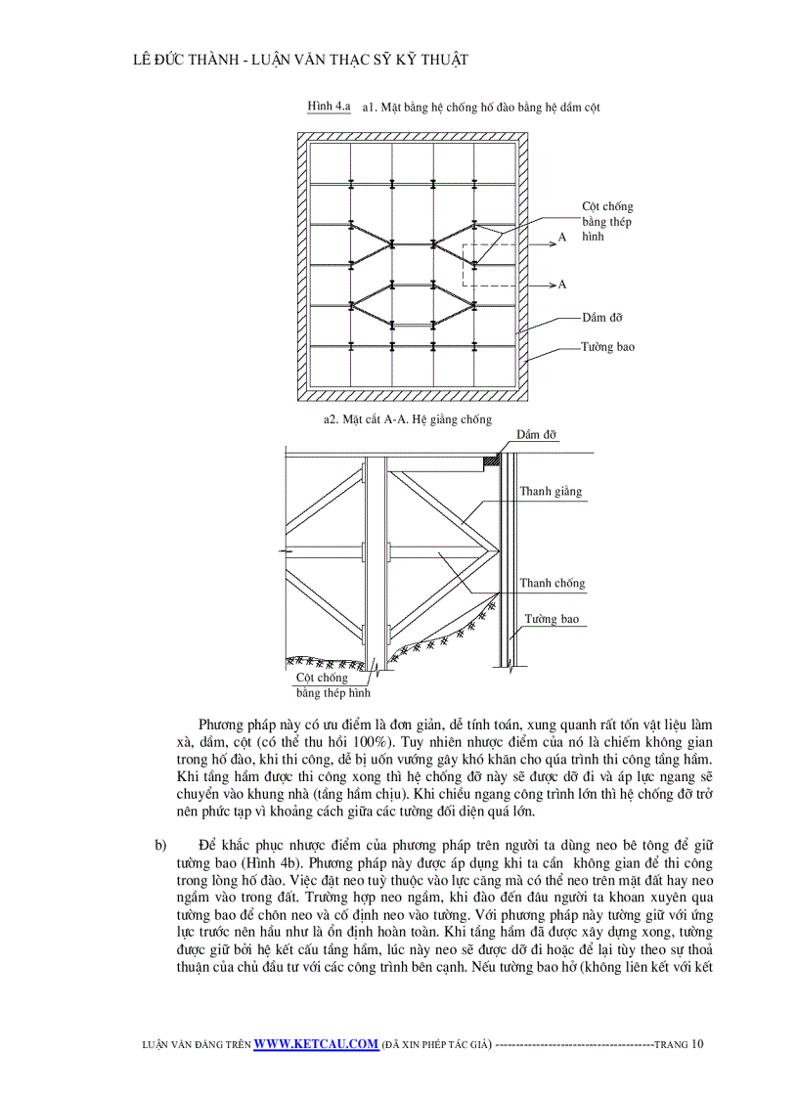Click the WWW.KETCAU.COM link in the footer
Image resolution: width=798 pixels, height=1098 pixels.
(x=316, y=1043)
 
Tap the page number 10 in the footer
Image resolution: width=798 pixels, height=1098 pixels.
(x=696, y=1043)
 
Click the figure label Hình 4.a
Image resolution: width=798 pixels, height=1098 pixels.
(x=329, y=106)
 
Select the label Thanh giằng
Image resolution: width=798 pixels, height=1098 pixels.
(x=551, y=491)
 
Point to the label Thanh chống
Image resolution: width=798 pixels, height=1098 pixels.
(x=552, y=583)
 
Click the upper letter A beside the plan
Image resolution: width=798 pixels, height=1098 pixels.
(x=562, y=238)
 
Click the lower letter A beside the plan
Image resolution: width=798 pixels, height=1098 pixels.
(x=562, y=285)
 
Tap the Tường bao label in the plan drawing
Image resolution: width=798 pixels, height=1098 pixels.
(x=607, y=347)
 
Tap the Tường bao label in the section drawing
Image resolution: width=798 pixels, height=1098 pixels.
(x=552, y=619)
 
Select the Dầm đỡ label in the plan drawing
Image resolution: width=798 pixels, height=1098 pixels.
(x=602, y=318)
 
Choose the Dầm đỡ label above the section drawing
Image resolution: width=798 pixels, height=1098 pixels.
(x=537, y=434)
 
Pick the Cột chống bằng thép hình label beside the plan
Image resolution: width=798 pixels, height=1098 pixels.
(x=607, y=222)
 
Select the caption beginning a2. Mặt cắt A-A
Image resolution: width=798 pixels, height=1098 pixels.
(x=407, y=418)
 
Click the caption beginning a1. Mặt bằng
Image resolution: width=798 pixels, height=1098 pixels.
(x=480, y=107)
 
